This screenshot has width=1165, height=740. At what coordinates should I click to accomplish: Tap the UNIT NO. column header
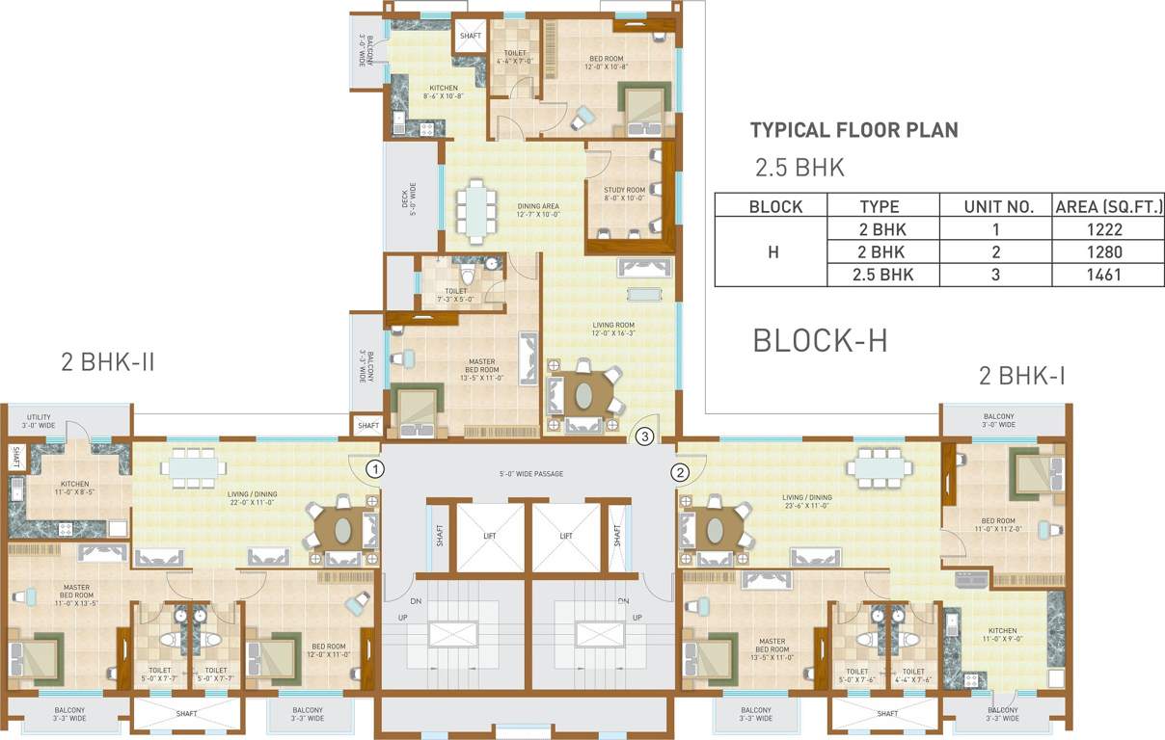coord(999,206)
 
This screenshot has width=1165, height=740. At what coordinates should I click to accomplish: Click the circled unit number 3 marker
coord(645,436)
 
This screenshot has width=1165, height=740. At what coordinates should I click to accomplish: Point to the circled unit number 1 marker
coord(376,469)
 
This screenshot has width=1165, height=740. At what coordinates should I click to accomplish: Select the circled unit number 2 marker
coord(681,472)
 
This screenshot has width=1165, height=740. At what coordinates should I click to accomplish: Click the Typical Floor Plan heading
coord(853,130)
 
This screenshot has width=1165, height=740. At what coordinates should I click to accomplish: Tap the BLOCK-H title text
coord(820,340)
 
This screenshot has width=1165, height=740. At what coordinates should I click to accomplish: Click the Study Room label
coord(625,194)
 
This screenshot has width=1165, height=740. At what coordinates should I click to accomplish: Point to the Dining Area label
coord(538,210)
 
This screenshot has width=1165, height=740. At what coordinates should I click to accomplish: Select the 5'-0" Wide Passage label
coord(531,474)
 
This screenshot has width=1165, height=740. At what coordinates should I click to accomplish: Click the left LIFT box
coord(490,536)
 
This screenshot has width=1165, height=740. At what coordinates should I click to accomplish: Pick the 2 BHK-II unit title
coord(108,363)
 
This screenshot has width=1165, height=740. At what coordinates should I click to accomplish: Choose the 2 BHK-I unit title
coord(1022,376)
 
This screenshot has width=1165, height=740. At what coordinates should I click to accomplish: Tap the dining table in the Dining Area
coord(474,211)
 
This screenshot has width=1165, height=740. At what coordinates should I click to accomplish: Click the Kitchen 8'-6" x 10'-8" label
coord(444,92)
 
